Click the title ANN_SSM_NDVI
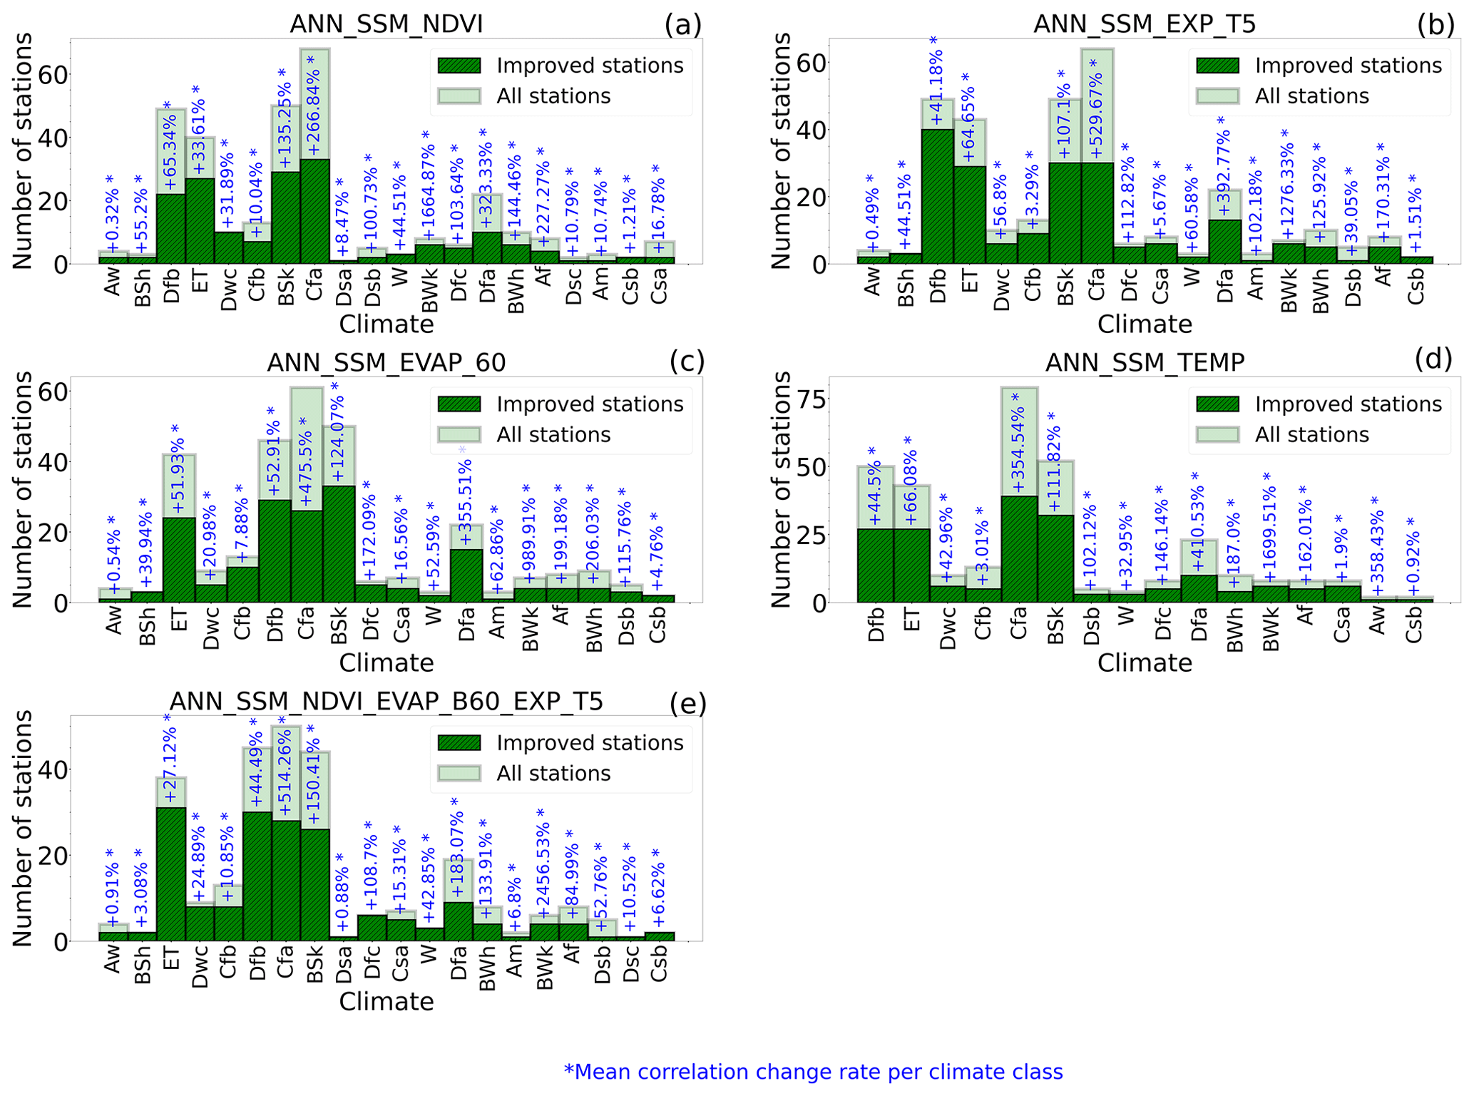click(386, 24)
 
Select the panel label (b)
click(1435, 25)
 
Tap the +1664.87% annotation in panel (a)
click(429, 185)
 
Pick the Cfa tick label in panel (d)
click(1018, 624)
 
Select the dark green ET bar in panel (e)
click(171, 874)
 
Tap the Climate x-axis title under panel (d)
click(1144, 663)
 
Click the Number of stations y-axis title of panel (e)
click(22, 828)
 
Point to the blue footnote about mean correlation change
click(813, 1072)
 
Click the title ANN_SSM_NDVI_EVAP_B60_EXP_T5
click(386, 702)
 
